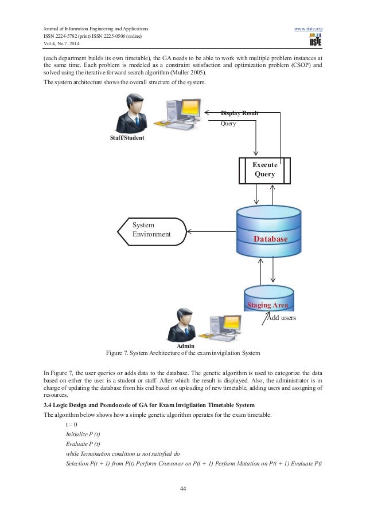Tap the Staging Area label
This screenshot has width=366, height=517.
coord(267,306)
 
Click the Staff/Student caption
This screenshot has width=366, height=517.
coord(127,138)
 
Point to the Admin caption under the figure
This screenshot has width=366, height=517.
coord(185,346)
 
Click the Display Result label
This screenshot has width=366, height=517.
coord(240,113)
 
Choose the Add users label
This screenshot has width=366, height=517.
coord(280,317)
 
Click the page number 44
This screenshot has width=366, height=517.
coord(183,488)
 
